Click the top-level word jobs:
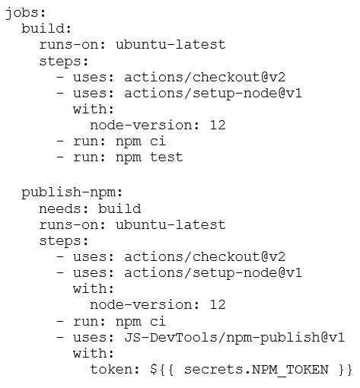click(x=25, y=13)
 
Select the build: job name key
click(x=46, y=28)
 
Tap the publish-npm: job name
click(x=72, y=192)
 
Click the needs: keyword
click(x=64, y=209)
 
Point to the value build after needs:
click(x=119, y=208)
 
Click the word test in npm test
click(x=167, y=157)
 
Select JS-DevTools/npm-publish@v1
click(x=234, y=338)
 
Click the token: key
click(x=115, y=370)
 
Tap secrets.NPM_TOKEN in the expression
click(x=256, y=370)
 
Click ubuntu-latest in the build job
click(x=170, y=45)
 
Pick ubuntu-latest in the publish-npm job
click(x=170, y=224)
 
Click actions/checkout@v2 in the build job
click(x=205, y=77)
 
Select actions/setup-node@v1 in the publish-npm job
click(x=213, y=273)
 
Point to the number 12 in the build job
click(x=218, y=125)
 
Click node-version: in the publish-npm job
click(x=145, y=305)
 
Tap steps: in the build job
click(x=64, y=62)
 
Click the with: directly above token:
click(x=94, y=354)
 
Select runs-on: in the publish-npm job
click(x=72, y=225)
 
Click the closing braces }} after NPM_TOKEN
click(x=346, y=370)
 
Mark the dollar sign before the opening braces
click(x=154, y=370)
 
